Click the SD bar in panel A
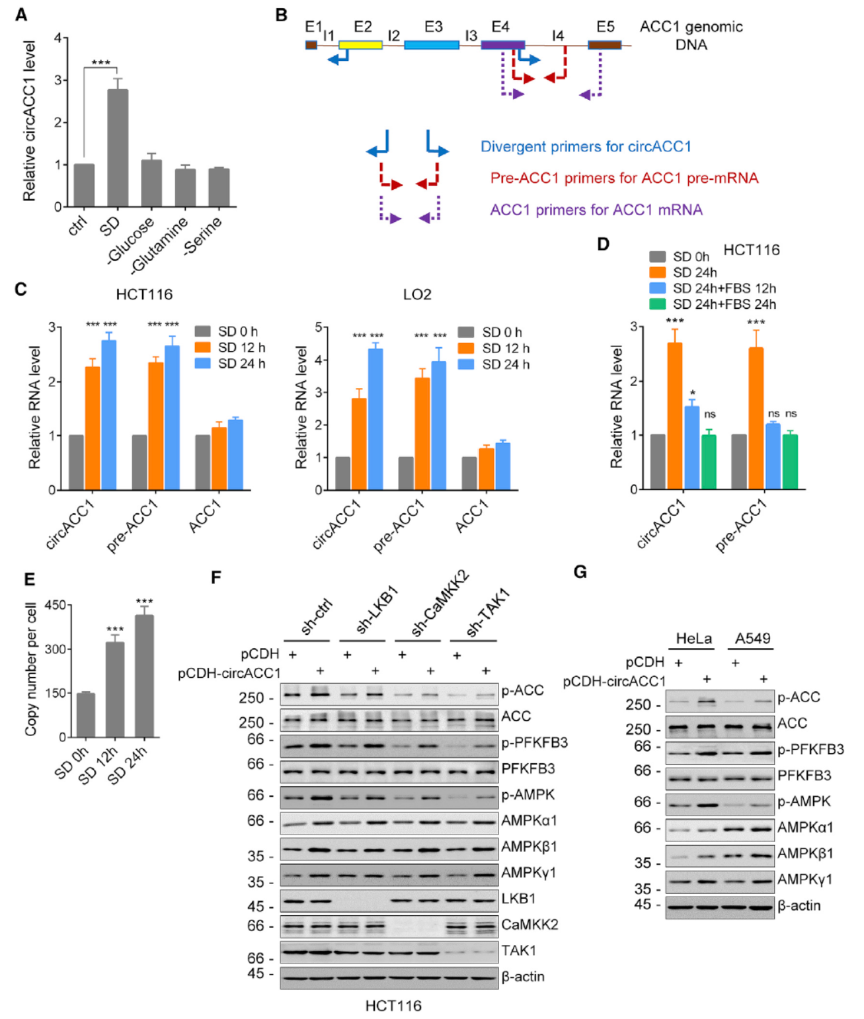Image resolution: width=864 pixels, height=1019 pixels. tap(118, 148)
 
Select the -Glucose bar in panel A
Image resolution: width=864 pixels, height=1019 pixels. tap(151, 183)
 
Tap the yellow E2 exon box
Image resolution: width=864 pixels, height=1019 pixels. tap(360, 45)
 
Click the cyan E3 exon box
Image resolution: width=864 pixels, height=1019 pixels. tap(431, 45)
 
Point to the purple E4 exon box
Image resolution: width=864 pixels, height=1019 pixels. tap(502, 45)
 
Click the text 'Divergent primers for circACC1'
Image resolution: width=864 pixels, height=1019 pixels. tap(585, 147)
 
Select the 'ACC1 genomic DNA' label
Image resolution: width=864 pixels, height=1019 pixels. tap(691, 36)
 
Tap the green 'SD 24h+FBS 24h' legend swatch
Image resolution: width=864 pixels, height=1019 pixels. tap(657, 304)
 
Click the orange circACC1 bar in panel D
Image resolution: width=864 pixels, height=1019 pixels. tap(674, 416)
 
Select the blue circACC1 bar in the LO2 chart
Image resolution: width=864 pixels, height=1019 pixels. tap(375, 419)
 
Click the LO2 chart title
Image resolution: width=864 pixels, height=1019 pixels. tap(417, 294)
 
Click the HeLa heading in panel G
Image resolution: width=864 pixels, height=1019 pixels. tap(693, 639)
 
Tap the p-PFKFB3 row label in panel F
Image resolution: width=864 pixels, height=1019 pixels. tap(534, 743)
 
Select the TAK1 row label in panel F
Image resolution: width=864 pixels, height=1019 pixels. tap(518, 950)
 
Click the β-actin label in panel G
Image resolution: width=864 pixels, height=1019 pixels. tap(799, 905)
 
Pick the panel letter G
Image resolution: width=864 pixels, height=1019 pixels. tap(580, 572)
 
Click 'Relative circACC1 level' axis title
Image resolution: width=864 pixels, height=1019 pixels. tap(29, 121)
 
